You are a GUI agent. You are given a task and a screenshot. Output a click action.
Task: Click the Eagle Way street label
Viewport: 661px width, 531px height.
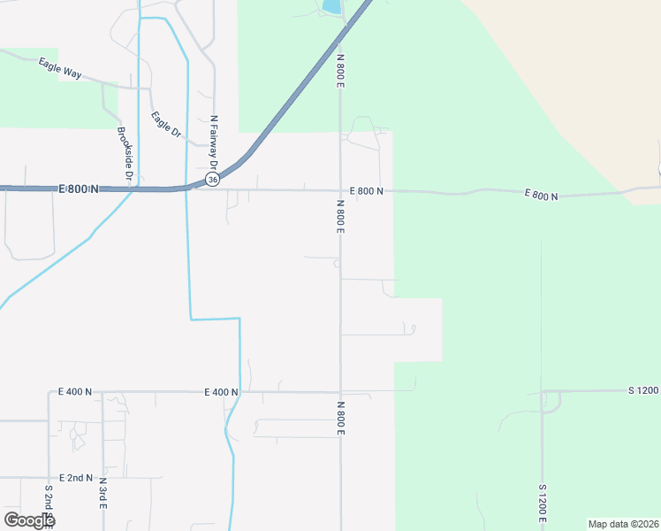60,68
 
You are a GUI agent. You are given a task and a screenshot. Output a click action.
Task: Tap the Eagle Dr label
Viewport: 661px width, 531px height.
165,124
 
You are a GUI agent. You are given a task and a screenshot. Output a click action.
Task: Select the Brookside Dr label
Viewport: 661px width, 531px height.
125,155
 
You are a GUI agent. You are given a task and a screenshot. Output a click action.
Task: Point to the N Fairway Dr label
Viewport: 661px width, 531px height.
214,142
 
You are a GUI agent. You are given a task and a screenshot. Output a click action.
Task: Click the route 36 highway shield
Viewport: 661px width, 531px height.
212,179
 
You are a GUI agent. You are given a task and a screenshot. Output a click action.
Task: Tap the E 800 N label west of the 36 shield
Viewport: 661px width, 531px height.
79,189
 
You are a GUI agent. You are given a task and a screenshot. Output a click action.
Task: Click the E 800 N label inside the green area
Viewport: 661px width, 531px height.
541,194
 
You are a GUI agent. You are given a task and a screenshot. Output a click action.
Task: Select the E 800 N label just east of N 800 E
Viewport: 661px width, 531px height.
367,191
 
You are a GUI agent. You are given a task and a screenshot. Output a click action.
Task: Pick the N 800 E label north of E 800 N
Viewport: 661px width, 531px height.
340,70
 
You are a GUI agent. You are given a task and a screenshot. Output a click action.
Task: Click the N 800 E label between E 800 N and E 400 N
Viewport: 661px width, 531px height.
340,217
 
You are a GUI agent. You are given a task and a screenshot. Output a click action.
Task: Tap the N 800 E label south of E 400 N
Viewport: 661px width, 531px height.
340,418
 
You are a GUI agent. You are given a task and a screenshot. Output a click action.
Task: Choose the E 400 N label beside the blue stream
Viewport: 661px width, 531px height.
222,391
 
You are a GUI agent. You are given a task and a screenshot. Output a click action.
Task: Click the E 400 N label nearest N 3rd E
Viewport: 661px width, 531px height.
75,391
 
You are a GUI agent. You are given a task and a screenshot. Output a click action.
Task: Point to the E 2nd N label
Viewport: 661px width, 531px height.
76,478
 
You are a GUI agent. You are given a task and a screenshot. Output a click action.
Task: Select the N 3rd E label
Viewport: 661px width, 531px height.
103,493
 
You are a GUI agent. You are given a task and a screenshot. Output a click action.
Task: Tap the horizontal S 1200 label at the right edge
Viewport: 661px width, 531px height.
643,390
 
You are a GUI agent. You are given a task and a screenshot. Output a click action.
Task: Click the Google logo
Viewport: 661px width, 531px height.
29,520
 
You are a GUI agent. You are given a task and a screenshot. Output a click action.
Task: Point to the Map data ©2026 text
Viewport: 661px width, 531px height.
623,524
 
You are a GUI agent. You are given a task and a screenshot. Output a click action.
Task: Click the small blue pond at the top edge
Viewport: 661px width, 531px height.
331,6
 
